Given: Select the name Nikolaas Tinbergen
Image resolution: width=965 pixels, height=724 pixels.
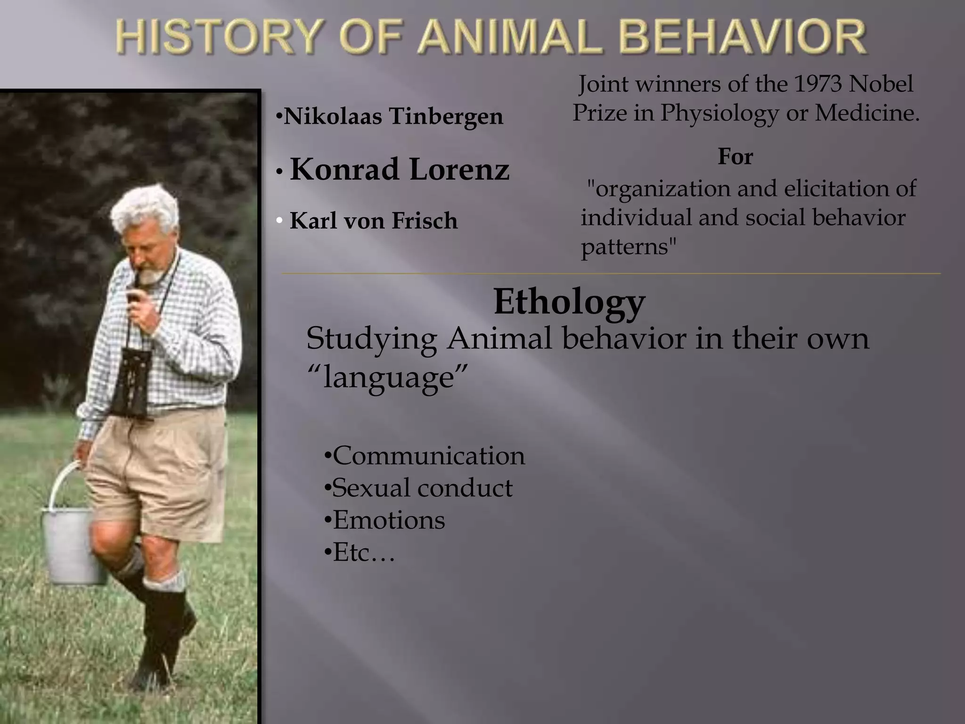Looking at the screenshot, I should (393, 116).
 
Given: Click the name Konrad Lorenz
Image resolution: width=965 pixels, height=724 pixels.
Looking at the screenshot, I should (400, 169).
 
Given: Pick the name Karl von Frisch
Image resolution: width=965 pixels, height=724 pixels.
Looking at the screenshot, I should (373, 221).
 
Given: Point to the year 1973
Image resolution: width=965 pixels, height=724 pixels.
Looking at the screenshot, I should (818, 84).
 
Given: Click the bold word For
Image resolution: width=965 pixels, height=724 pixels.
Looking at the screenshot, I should (735, 156).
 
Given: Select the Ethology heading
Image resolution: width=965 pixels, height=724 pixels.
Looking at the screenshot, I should (569, 302).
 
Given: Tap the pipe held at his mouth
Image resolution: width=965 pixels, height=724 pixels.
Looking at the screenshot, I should (134, 292).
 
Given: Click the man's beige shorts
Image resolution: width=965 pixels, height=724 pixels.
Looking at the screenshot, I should (160, 476).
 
